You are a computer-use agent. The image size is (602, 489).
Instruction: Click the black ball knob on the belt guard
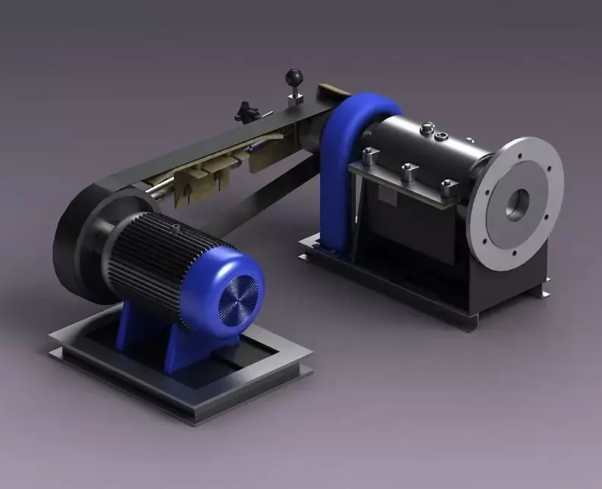point(293,77)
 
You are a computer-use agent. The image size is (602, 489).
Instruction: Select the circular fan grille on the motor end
point(241,294)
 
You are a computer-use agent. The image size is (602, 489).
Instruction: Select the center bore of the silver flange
point(518,204)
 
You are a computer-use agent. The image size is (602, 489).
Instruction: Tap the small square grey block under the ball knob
point(296,97)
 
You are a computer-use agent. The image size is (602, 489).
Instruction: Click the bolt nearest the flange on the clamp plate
point(448,187)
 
